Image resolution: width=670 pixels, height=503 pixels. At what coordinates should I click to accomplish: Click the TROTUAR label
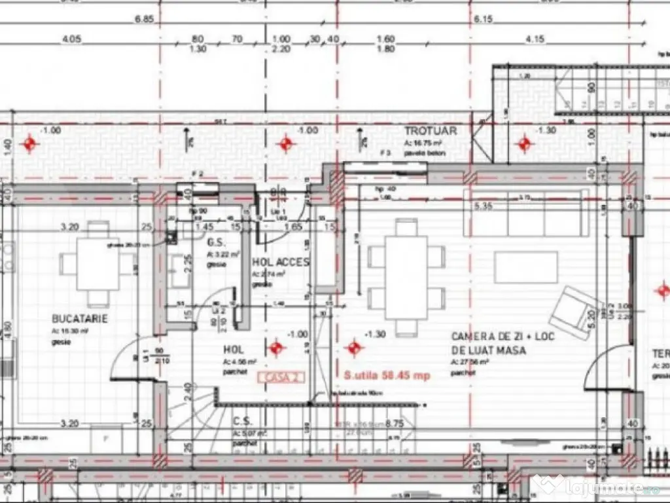click(430, 131)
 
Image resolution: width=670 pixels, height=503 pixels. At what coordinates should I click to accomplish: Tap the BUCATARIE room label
click(80, 319)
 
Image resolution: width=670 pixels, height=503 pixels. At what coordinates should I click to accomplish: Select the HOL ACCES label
click(281, 262)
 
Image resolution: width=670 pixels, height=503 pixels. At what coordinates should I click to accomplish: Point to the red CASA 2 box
click(282, 377)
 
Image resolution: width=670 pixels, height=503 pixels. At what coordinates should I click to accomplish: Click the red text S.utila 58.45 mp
click(387, 376)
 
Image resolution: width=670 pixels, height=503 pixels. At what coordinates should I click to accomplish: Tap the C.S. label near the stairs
click(243, 421)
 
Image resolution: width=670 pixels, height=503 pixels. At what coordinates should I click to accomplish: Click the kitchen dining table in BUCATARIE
click(98, 264)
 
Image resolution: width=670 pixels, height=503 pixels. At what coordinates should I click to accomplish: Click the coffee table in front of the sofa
click(526, 267)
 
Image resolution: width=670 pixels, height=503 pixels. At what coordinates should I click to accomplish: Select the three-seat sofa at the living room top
click(526, 214)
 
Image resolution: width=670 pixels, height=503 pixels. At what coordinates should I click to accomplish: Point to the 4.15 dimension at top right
click(535, 39)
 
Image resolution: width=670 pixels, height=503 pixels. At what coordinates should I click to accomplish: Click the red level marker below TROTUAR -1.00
click(286, 144)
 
